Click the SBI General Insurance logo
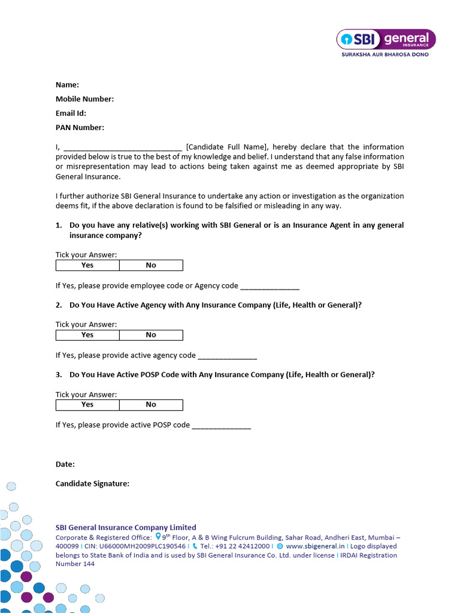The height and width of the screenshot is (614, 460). tap(386, 40)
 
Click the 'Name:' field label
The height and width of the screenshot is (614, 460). tap(67, 85)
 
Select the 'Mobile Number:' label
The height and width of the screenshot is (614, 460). tap(84, 99)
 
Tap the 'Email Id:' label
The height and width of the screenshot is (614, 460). tap(71, 113)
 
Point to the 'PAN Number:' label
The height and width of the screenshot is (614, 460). tap(80, 127)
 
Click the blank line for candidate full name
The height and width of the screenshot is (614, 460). tap(122, 148)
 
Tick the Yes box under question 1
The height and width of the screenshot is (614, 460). tap(87, 265)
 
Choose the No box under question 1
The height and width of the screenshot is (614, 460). tap(151, 265)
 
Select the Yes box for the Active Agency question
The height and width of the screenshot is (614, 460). tap(87, 335)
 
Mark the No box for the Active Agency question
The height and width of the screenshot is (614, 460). tap(151, 335)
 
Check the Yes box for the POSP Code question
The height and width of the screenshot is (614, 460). tap(87, 404)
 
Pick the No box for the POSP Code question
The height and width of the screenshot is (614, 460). tap(151, 404)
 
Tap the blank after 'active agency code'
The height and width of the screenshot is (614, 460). tap(227, 356)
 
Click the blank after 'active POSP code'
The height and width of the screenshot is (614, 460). tap(221, 426)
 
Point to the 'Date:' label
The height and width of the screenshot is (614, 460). tap(65, 464)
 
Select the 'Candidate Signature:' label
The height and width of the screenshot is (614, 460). tap(92, 483)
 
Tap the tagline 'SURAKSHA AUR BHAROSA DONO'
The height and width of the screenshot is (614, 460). tap(385, 55)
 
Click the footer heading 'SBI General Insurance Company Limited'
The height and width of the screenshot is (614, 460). tap(126, 528)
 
